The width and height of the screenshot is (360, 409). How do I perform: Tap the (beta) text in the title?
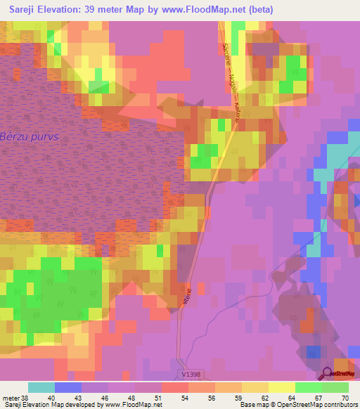[x=257, y=10]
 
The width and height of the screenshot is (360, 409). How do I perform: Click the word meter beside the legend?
[x=12, y=397]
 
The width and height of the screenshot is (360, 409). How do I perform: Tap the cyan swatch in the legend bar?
[x=41, y=387]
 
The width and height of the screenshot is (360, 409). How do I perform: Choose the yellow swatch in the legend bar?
[x=282, y=387]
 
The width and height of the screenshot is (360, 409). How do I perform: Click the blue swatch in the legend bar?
[x=68, y=387]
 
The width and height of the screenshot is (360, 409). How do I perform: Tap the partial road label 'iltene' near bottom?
[x=186, y=289]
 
